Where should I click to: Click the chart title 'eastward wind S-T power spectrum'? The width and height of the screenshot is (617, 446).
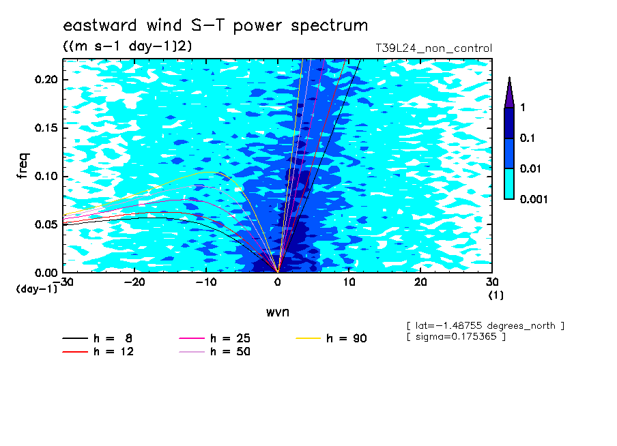pos(215,25)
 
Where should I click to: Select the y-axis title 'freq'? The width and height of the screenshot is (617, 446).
pos(23,166)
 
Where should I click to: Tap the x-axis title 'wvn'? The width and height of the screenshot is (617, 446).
pos(277,312)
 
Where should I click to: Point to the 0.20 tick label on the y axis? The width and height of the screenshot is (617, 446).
pos(46,79)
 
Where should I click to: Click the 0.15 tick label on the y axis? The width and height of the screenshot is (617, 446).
pos(46,128)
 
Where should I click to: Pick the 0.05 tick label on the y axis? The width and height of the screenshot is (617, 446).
pos(46,224)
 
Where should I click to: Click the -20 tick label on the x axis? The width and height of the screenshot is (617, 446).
pos(134,282)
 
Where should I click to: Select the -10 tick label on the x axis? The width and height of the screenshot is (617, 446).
pos(206,282)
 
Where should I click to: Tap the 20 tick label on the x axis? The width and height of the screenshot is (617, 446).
pos(420,282)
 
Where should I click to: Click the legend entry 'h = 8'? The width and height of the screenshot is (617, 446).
pos(97,338)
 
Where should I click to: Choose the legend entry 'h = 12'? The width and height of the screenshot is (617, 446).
pos(98,352)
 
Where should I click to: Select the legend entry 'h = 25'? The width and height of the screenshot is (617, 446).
pos(214,338)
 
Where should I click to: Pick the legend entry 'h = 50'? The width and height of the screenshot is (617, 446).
pos(214,352)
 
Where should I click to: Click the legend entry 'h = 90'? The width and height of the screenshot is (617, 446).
pos(331,338)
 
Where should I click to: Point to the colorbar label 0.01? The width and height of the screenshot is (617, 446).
pos(530,168)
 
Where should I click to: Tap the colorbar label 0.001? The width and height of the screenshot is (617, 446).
pos(534,199)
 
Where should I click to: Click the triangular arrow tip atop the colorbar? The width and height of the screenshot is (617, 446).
pos(510,77)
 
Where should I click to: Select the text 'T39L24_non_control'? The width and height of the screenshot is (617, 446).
pos(433,48)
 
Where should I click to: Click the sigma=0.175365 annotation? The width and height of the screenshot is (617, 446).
pos(457,337)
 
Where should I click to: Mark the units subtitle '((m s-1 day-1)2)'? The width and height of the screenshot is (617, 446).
pos(128,46)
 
